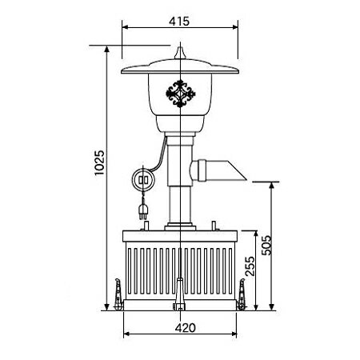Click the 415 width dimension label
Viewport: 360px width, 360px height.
click(179, 21)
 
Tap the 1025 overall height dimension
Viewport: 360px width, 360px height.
click(99, 162)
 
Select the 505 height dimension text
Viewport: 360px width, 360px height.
click(266, 246)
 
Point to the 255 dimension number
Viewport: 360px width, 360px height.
click(250, 266)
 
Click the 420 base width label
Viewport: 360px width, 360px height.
click(186, 328)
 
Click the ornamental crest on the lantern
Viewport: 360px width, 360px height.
click(181, 94)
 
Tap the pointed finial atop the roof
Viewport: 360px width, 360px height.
click(180, 53)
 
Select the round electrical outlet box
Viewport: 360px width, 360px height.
click(143, 180)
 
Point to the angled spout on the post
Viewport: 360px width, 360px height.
click(218, 170)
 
